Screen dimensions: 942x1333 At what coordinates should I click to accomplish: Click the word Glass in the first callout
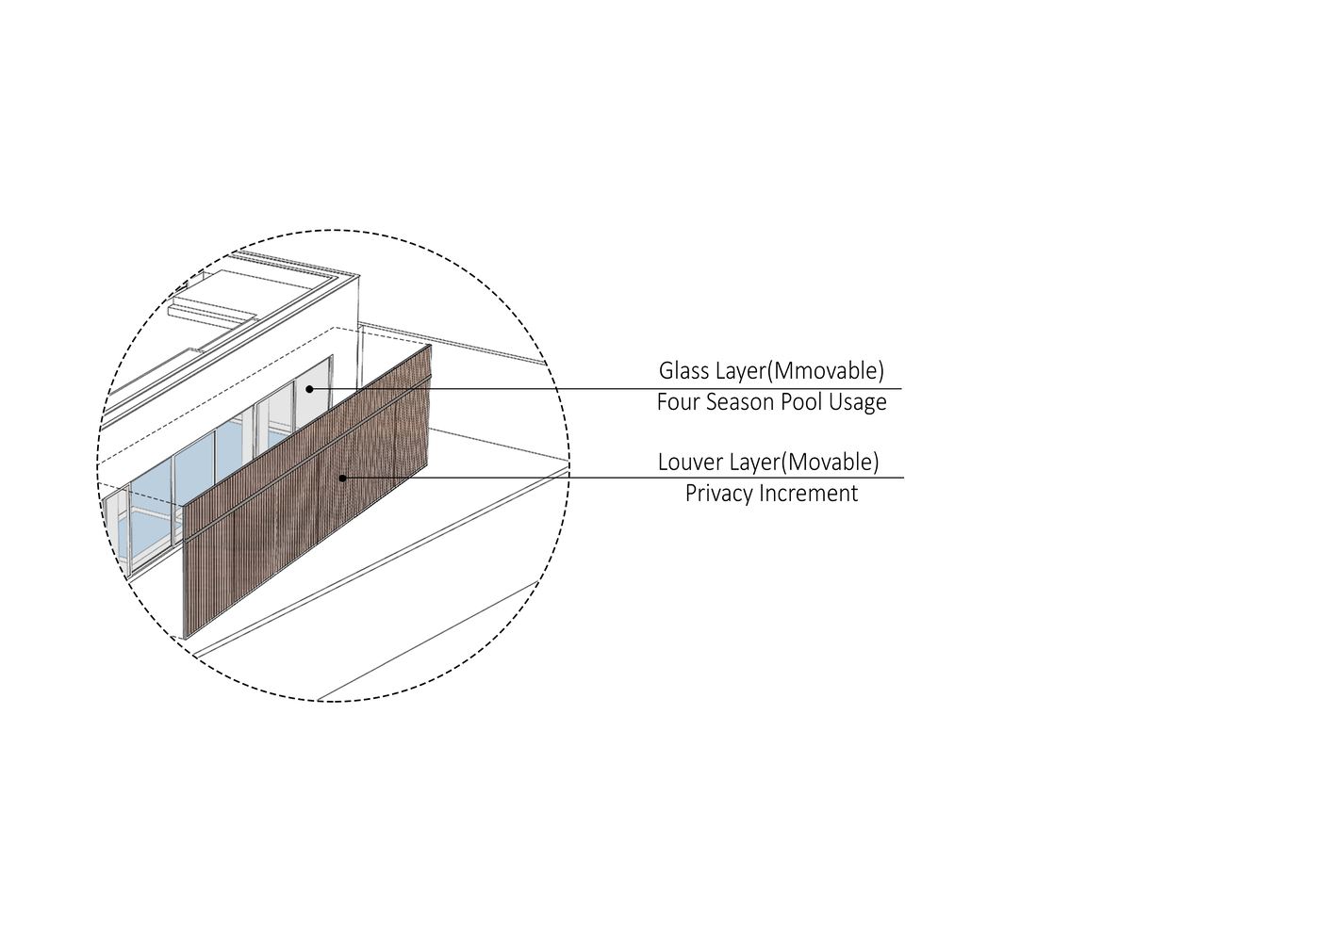click(684, 370)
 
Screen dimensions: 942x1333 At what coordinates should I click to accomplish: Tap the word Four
click(678, 402)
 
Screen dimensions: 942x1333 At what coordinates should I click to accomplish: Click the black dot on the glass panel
click(309, 388)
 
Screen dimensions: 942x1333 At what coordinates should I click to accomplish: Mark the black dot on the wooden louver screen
click(342, 478)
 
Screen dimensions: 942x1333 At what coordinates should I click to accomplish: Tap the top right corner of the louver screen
click(431, 346)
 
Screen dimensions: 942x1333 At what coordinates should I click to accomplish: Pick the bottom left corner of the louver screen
click(184, 637)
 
